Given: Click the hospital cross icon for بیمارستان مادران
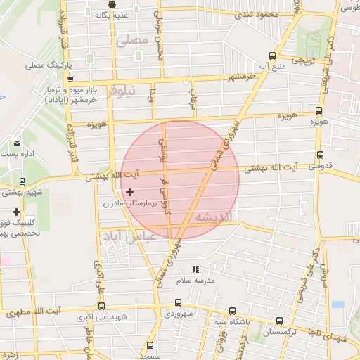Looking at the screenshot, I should point(129,191).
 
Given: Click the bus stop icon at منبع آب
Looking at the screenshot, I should point(273,57).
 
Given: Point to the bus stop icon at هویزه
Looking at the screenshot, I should point(319,110).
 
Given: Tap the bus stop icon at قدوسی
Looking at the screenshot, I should point(321,155).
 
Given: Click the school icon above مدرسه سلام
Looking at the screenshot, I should point(196,269).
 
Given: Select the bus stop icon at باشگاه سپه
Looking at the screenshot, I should point(232,311).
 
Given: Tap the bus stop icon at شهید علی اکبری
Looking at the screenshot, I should point(102,306).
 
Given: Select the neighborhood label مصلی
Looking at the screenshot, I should point(133,40).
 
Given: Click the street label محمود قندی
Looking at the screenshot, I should point(259,14).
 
